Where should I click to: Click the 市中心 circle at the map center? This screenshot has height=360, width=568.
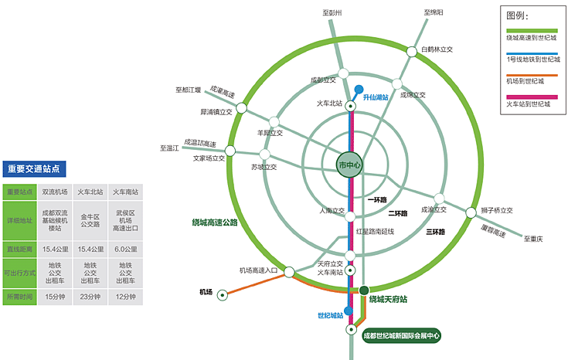click(349, 165)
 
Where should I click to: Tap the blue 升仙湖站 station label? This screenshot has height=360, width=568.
click(376, 97)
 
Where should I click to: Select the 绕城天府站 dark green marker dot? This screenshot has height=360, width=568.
click(364, 290)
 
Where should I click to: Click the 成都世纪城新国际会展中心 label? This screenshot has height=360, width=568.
click(401, 336)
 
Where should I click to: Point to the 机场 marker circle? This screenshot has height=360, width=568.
click(223, 294)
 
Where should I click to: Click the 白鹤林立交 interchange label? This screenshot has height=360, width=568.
click(437, 49)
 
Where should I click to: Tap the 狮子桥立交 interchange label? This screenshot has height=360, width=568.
click(497, 210)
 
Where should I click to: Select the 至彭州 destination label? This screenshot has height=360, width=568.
click(332, 13)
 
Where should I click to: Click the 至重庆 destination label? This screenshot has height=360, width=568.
click(533, 239)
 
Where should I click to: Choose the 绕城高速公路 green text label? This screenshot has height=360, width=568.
click(215, 222)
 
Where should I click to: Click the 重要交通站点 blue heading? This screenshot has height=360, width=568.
click(34, 168)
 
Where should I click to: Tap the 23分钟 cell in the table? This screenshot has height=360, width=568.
click(90, 297)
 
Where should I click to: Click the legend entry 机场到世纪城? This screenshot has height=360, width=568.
click(525, 80)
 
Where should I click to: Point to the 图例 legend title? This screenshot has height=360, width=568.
click(517, 15)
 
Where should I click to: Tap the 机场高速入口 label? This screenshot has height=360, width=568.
click(258, 270)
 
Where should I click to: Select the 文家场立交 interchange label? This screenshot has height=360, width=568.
click(209, 158)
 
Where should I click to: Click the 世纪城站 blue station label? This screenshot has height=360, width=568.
click(330, 315)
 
